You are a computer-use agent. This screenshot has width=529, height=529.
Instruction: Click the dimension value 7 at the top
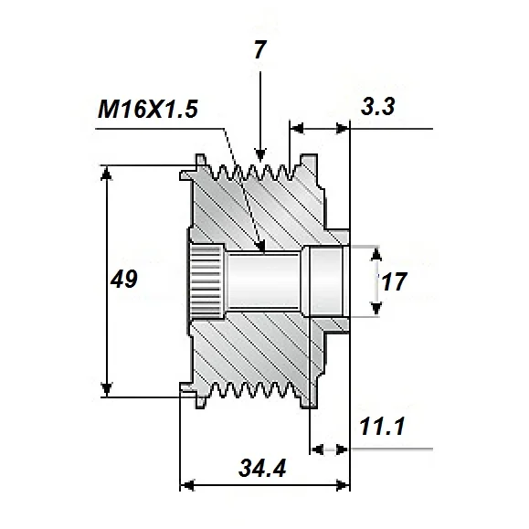pyautogui.click(x=259, y=51)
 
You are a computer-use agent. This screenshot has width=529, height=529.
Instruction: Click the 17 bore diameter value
pyautogui.click(x=394, y=282)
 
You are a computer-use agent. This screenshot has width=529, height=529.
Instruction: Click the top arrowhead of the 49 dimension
pyautogui.click(x=108, y=174)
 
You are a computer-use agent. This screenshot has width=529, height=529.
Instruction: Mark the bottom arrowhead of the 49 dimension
pyautogui.click(x=108, y=390)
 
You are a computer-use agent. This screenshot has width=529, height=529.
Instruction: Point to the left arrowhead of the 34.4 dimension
pyautogui.click(x=188, y=484)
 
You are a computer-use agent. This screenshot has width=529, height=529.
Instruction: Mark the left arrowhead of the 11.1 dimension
pyautogui.click(x=319, y=449)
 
